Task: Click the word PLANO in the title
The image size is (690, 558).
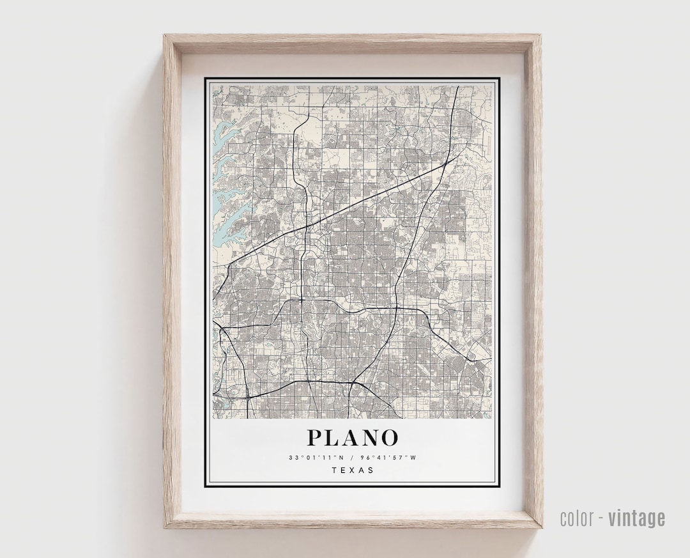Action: pos(353,438)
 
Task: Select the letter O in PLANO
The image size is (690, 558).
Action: pos(389,438)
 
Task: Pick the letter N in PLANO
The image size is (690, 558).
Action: pos(370,438)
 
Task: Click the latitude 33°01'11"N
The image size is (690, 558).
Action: pos(316,457)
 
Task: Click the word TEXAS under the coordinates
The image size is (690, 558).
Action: pos(353,471)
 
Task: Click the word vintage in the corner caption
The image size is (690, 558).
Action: pos(636,518)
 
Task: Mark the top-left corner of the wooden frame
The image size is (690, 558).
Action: pos(165,36)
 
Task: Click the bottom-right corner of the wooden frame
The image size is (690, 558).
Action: pos(542,527)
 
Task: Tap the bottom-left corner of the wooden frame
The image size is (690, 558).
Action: pos(165,527)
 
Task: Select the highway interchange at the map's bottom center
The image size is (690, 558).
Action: pos(351,382)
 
